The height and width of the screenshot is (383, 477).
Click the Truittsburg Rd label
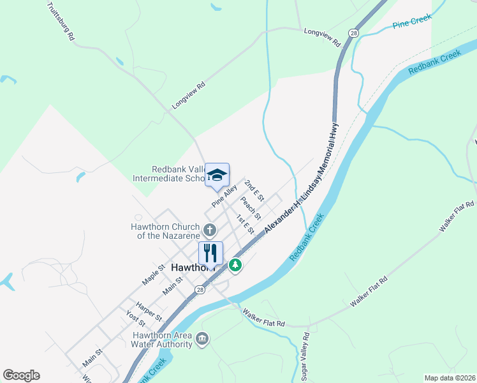61,22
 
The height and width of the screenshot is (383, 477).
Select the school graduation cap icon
217,175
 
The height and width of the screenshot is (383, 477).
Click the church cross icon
210,229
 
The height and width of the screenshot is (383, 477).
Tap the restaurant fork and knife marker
210,253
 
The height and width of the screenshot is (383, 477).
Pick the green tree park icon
235,264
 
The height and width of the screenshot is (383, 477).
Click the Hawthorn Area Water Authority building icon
203,338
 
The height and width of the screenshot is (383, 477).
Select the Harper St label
149,311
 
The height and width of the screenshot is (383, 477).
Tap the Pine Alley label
224,195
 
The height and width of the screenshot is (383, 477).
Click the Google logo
21,375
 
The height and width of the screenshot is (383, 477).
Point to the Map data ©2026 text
450,378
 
